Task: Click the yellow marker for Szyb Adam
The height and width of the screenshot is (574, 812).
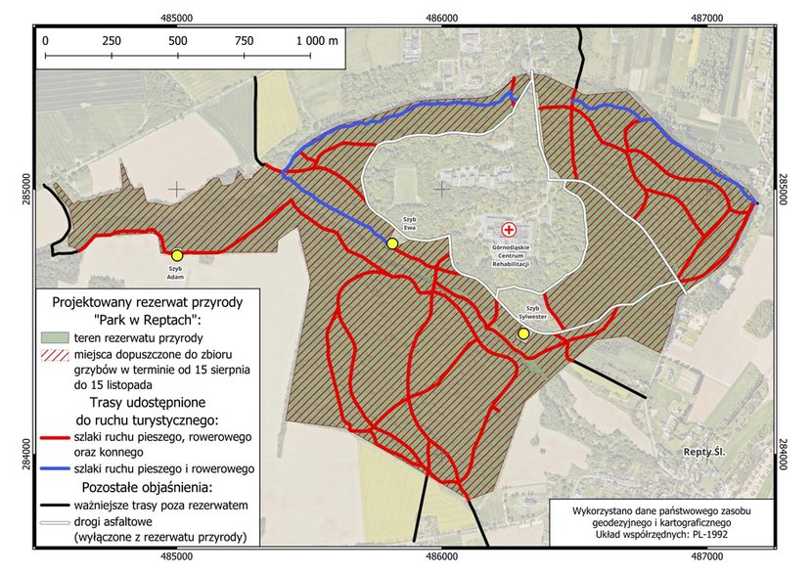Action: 177,255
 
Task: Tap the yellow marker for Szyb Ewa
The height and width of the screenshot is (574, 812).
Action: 391,243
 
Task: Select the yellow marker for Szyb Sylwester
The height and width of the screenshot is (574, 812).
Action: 523,333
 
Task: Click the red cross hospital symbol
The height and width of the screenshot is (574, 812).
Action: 508,229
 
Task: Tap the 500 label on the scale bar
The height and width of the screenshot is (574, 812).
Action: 178,41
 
